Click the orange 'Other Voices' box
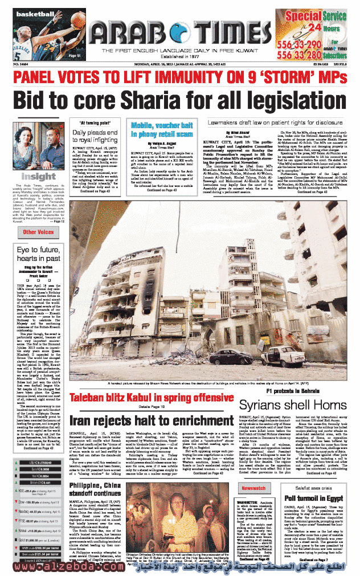click(39, 232)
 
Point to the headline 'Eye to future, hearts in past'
click(39, 254)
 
